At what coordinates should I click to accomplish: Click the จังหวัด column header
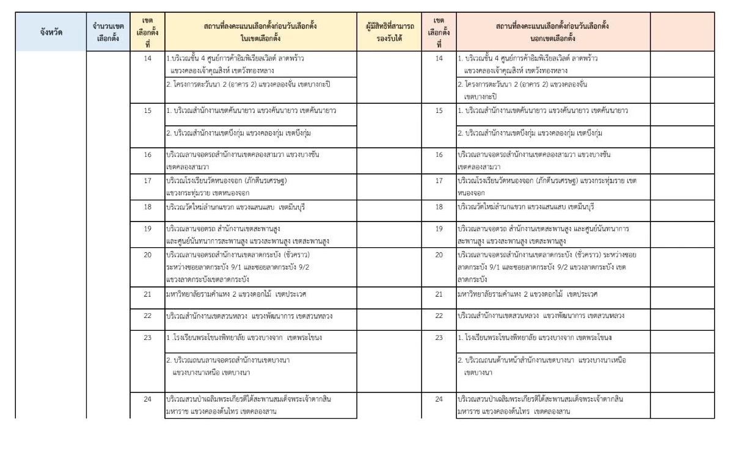(51, 31)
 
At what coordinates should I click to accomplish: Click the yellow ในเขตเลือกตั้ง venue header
(259, 31)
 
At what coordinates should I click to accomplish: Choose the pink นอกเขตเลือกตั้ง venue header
(553, 31)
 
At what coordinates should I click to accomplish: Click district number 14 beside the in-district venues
(145, 59)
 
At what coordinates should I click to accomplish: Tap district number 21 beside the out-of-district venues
(438, 294)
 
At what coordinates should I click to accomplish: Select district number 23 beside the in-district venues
(145, 337)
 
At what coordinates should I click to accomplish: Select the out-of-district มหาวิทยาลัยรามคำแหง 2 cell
(553, 294)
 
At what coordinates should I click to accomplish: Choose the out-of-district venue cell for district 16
(553, 161)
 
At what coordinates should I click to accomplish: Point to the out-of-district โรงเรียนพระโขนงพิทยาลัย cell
(553, 338)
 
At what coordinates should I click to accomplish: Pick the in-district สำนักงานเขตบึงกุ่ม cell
(259, 132)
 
